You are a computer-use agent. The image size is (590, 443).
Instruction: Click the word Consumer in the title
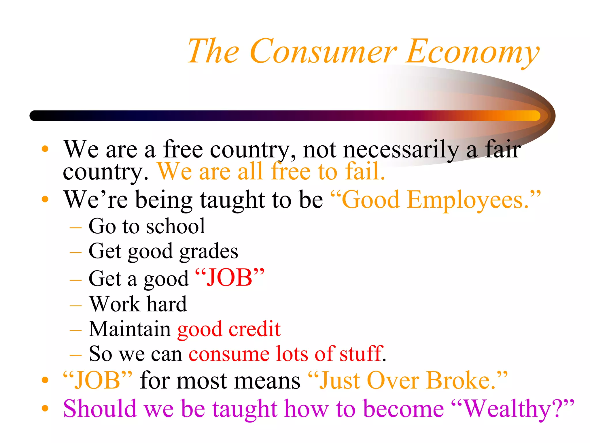tap(323, 51)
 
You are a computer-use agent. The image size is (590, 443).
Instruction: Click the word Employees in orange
tap(468, 200)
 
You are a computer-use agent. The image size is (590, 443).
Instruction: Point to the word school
tap(176, 226)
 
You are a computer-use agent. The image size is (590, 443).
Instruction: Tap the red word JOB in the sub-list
tap(230, 278)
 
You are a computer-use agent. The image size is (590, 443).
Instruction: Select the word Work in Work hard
tap(114, 304)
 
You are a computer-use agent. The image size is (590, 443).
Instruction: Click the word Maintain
tap(130, 329)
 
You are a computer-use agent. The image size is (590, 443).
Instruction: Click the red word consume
tap(229, 354)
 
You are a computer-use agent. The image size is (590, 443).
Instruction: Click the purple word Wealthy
tap(507, 409)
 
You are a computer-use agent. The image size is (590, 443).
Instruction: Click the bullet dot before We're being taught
tap(45, 199)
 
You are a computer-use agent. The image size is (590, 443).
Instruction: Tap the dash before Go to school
tap(75, 228)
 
